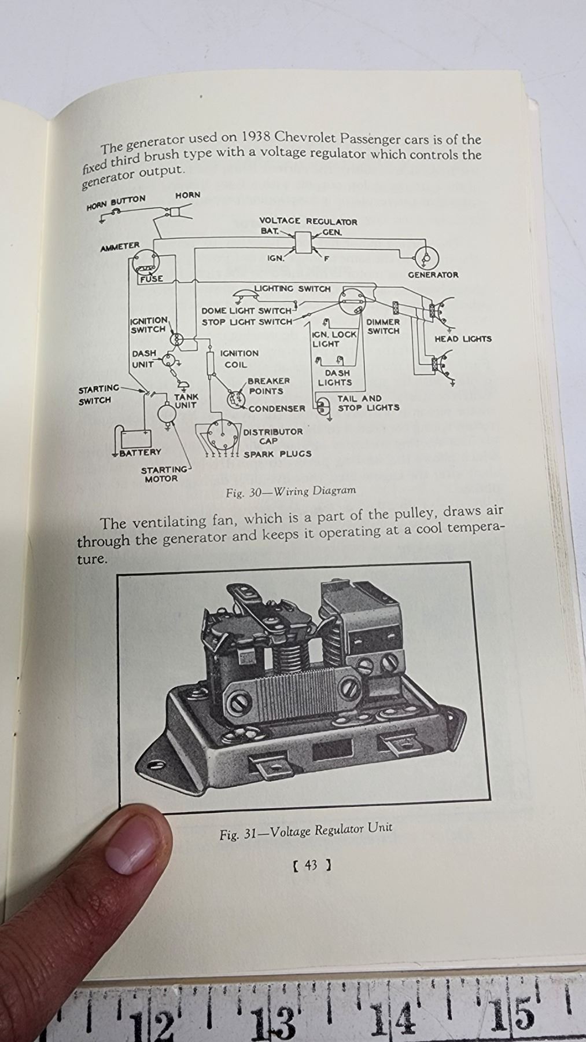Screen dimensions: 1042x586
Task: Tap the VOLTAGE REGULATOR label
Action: click(x=308, y=222)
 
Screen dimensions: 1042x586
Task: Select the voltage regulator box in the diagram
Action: click(x=303, y=242)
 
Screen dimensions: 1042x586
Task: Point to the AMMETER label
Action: click(x=120, y=247)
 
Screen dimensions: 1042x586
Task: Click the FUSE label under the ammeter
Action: click(x=151, y=278)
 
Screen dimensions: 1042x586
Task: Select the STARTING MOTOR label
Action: click(x=164, y=474)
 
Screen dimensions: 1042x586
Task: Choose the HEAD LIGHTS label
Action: click(x=463, y=339)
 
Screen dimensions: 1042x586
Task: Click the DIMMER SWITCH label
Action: click(x=383, y=326)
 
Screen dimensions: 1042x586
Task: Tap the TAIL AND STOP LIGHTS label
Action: click(x=368, y=403)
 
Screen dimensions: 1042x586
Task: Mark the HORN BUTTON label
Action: click(x=116, y=203)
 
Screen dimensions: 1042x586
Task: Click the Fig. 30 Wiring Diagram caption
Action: click(x=291, y=491)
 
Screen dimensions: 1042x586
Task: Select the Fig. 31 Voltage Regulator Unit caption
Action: click(x=305, y=832)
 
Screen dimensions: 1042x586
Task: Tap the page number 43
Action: click(x=311, y=865)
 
